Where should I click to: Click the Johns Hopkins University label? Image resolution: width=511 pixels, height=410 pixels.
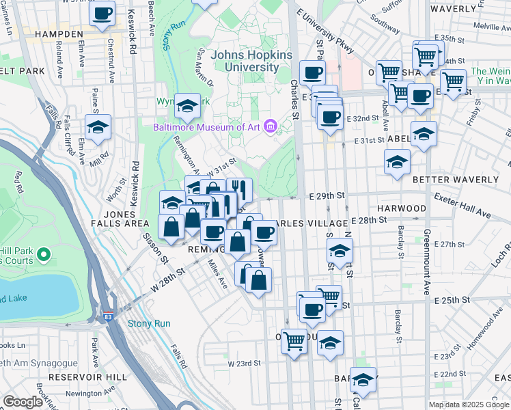[245, 61]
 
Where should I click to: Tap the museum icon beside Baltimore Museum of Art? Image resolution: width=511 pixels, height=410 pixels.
[271, 126]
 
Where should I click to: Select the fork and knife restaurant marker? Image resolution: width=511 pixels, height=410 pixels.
[238, 189]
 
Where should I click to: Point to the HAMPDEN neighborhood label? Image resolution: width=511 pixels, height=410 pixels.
[59, 33]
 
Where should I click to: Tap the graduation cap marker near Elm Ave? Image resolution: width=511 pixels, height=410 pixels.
[98, 127]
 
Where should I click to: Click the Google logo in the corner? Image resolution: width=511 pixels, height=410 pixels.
[23, 402]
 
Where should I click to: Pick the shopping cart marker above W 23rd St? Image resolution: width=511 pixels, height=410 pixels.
[294, 340]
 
